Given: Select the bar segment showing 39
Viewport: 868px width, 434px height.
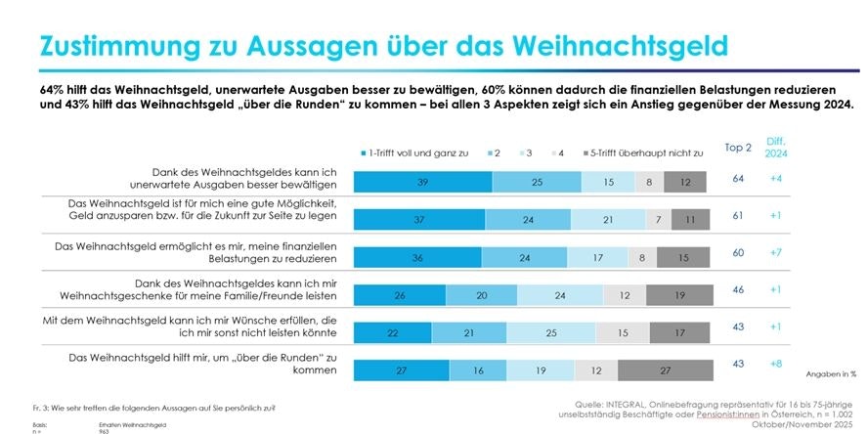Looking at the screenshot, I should point(422,182).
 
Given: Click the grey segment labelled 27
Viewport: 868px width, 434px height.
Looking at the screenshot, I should point(664,369).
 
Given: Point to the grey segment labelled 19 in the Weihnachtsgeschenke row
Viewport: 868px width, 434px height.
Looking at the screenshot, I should point(678,294).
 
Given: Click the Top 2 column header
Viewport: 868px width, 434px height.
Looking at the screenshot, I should point(741,148).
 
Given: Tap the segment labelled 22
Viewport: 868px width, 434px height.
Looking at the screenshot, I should point(391,332).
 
